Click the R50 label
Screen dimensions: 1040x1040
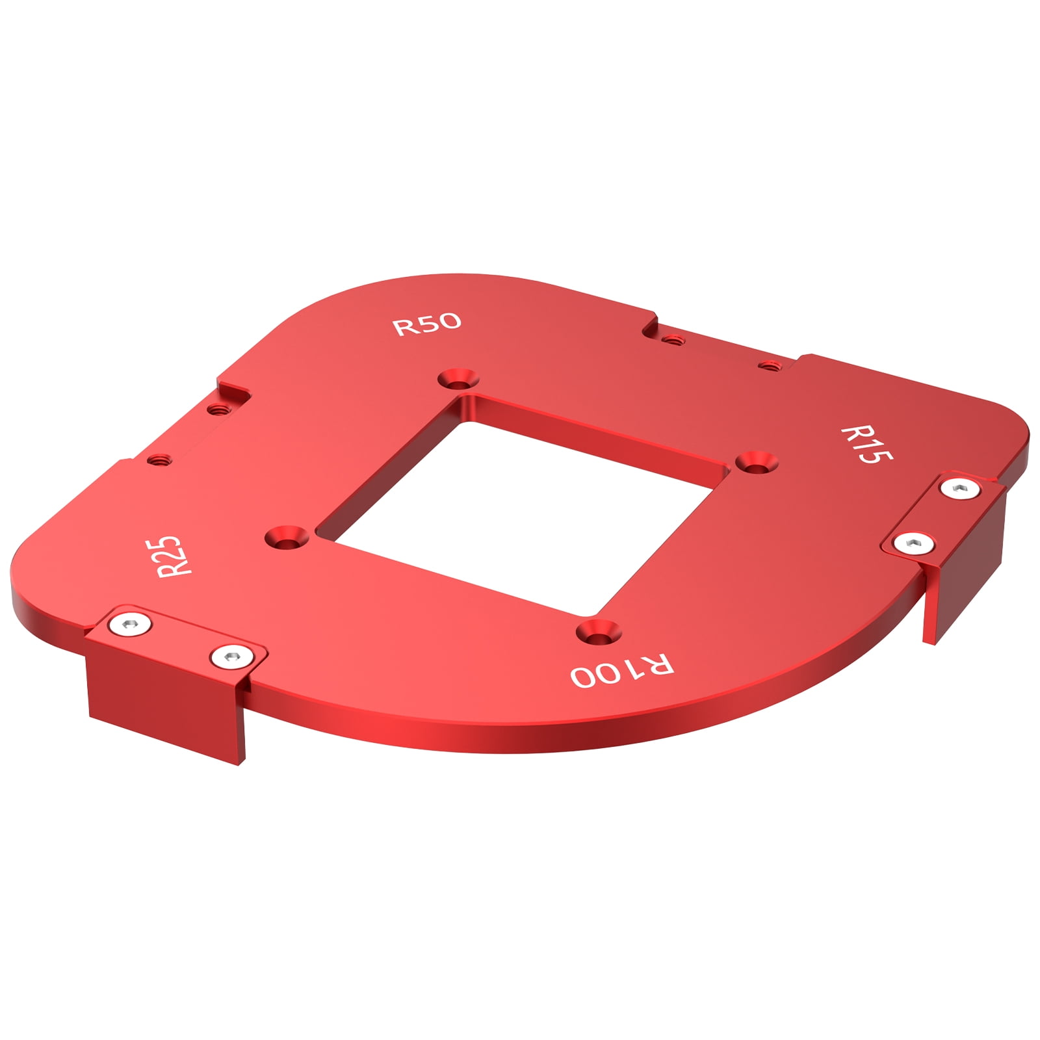tap(427, 324)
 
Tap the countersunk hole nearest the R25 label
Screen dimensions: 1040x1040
tap(287, 537)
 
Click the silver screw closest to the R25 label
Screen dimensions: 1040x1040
tap(130, 624)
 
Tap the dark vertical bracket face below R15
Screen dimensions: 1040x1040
tap(968, 572)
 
